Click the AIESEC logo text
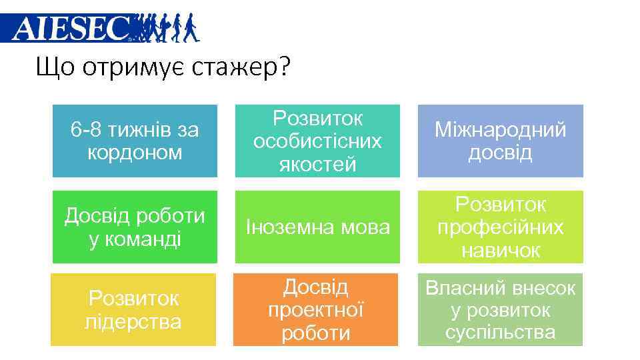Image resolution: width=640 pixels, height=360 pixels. (70, 28)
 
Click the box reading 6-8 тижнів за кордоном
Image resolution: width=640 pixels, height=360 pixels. (135, 141)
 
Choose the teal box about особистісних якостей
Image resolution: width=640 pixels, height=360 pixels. (317, 141)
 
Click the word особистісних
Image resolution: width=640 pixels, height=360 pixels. (317, 141)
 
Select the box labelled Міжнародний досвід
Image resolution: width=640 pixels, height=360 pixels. (500, 141)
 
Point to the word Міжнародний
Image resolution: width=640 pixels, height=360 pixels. (500, 130)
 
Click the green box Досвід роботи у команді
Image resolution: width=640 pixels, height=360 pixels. (135, 227)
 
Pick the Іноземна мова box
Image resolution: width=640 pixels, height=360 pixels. (317, 227)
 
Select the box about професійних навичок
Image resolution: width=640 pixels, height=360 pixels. (500, 227)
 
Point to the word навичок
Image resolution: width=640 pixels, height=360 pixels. (500, 250)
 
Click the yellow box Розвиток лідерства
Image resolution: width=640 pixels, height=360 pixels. (133, 309)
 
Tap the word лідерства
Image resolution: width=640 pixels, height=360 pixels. (133, 321)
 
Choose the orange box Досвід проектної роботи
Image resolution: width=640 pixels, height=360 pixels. (315, 309)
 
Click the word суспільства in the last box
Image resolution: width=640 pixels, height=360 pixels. (500, 332)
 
